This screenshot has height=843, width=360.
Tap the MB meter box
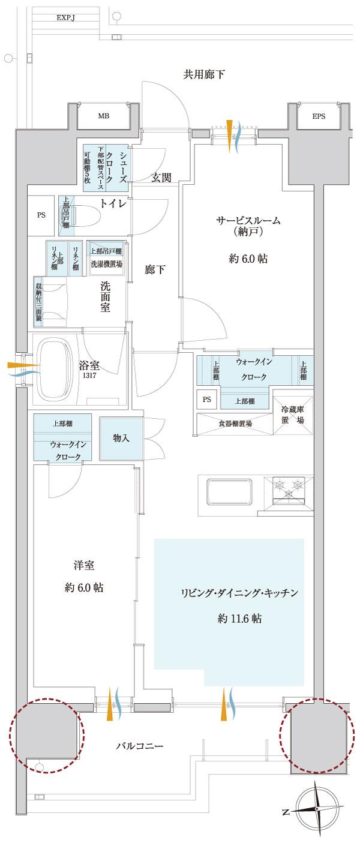click(x=103, y=116)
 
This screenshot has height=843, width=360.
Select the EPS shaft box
click(x=318, y=116)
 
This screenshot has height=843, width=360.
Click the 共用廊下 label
click(x=204, y=74)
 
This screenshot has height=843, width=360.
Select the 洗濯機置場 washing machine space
click(x=106, y=263)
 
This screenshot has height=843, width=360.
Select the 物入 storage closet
click(x=121, y=439)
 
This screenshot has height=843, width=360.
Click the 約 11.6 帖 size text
click(x=239, y=618)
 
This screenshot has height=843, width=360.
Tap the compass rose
click(x=317, y=810)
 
